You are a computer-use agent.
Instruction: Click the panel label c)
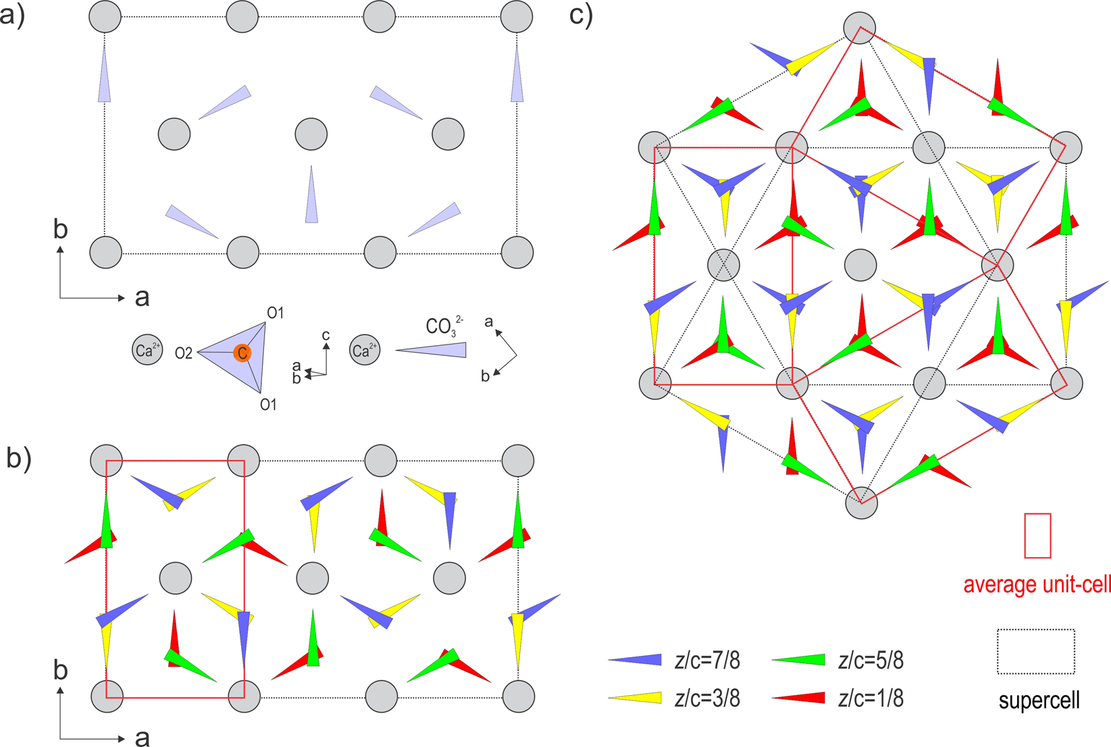(581, 15)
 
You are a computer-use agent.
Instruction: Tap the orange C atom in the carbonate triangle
(242, 353)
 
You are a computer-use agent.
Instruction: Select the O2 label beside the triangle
(184, 353)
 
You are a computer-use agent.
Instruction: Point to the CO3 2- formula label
(444, 326)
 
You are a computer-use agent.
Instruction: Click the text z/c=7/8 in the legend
(707, 661)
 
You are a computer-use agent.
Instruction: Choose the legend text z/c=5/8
(871, 661)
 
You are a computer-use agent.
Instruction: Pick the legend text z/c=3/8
(707, 699)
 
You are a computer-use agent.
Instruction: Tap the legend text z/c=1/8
(871, 699)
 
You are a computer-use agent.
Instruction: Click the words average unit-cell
(1037, 584)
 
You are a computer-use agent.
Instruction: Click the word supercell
(1039, 700)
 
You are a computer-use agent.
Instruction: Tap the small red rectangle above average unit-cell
(1037, 536)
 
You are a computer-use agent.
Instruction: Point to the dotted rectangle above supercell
(1036, 651)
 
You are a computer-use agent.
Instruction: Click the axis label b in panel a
(61, 230)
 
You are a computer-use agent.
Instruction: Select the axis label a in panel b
(142, 738)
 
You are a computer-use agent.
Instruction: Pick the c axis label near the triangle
(326, 335)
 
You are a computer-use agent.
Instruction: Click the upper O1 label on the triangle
(275, 313)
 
